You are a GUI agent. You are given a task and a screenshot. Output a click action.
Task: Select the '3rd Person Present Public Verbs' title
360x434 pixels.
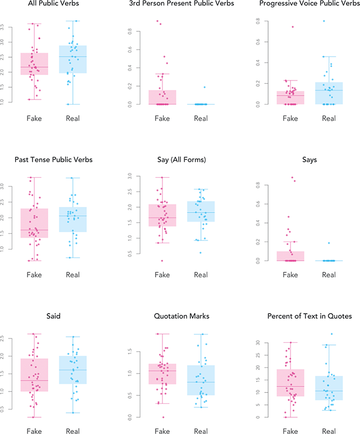pyautogui.click(x=177, y=5)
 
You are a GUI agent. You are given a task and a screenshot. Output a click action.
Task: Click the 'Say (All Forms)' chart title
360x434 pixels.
pyautogui.click(x=177, y=161)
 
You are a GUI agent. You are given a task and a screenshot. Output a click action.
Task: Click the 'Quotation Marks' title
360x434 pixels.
pyautogui.click(x=177, y=316)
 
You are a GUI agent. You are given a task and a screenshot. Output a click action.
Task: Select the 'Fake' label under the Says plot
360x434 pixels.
pyautogui.click(x=290, y=275)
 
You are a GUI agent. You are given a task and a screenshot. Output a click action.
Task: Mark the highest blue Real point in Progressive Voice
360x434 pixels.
pyautogui.click(x=324, y=21)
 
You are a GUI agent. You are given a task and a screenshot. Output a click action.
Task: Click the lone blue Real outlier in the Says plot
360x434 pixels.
pyautogui.click(x=329, y=243)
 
